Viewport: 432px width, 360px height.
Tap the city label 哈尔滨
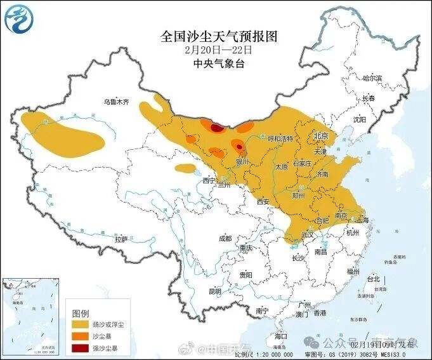click(x=372, y=78)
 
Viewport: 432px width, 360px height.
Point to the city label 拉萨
click(x=121, y=239)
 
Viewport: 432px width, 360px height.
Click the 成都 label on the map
click(x=225, y=239)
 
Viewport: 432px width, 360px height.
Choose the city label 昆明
click(x=216, y=291)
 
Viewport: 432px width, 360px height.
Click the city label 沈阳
click(x=360, y=119)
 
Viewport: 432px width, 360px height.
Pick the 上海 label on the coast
click(x=363, y=220)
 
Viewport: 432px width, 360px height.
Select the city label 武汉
click(x=308, y=235)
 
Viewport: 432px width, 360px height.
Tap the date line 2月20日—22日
click(x=218, y=50)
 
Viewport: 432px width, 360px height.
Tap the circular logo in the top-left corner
click(x=20, y=20)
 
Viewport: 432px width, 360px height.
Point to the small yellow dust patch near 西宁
click(x=185, y=168)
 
